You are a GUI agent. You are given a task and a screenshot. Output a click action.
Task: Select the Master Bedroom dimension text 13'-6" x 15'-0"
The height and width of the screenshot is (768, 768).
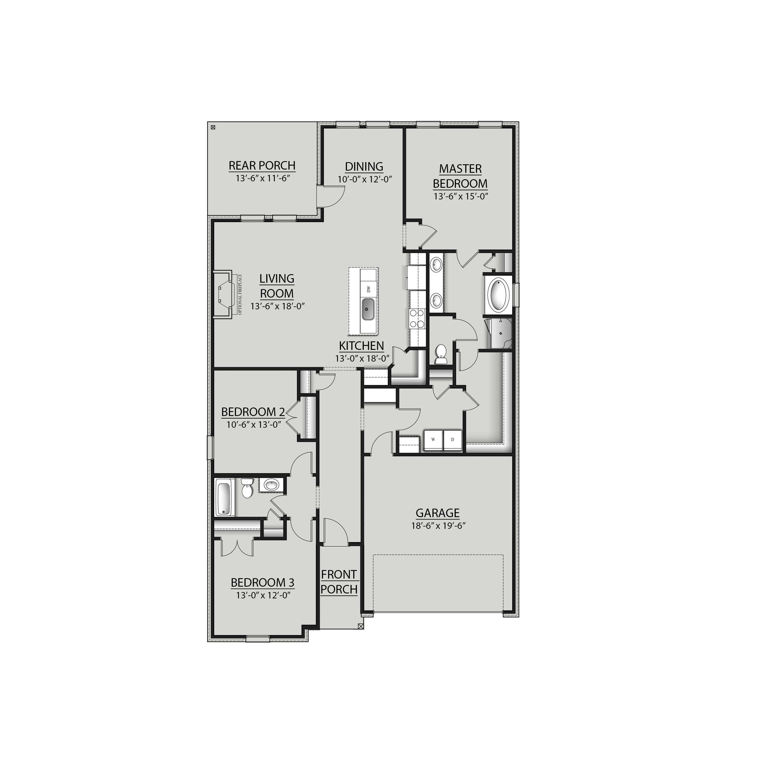[460, 196]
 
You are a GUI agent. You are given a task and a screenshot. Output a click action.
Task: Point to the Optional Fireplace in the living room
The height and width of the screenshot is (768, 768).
[223, 294]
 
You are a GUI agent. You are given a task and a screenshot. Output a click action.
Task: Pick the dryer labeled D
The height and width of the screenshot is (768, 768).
[452, 440]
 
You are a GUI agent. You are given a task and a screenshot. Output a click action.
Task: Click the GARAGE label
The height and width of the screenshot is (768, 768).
[438, 513]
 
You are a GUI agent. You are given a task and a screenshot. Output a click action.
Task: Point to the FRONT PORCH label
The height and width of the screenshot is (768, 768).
[339, 582]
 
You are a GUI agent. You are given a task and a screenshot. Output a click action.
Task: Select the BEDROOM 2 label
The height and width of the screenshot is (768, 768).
[253, 412]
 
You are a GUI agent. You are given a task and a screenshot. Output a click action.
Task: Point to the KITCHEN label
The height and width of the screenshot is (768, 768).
[361, 346]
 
